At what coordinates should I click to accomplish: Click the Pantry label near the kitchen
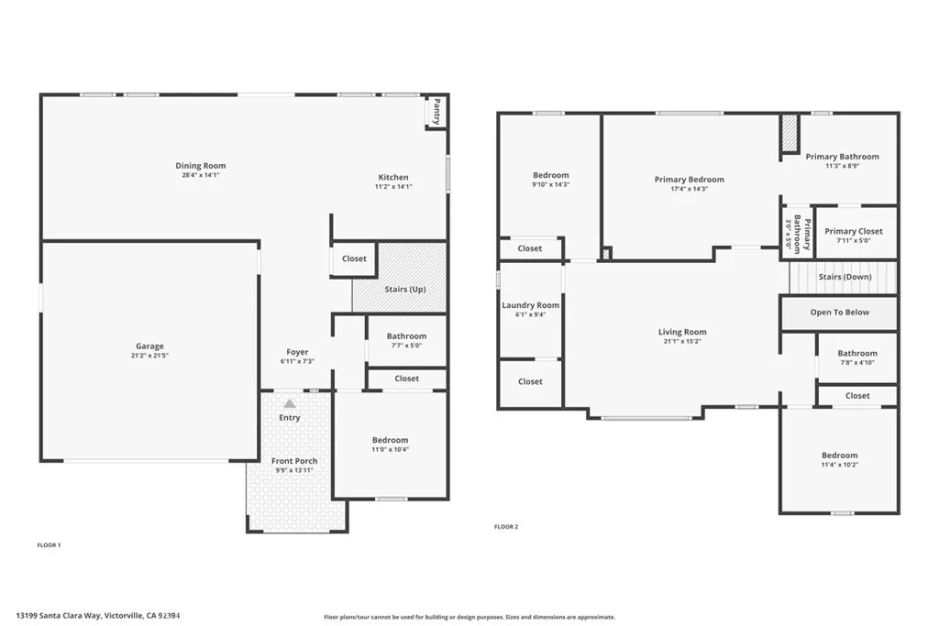437,111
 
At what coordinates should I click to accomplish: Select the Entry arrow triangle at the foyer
289,403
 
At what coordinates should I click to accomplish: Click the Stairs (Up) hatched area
400,278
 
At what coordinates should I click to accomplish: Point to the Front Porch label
294,461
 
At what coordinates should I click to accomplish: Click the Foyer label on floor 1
297,352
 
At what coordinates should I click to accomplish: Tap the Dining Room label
201,166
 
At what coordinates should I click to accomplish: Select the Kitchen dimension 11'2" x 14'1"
394,186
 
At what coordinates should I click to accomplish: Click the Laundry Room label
530,305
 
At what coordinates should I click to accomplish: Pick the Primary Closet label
853,231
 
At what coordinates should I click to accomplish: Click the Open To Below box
839,313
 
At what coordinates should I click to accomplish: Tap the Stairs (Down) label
845,276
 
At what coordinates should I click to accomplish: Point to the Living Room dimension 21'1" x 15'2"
682,341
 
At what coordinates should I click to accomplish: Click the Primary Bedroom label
689,180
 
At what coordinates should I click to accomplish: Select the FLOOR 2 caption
506,527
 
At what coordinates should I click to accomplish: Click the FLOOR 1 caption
49,545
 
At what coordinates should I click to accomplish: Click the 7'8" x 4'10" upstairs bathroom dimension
857,362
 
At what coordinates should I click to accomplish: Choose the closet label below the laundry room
530,381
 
